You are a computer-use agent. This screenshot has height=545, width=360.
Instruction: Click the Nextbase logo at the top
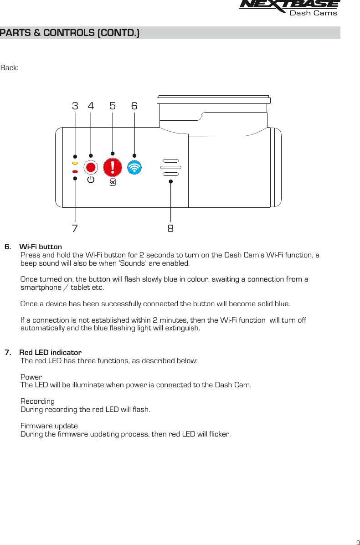coord(289,8)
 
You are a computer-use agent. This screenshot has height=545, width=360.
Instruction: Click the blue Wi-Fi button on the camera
coord(134,168)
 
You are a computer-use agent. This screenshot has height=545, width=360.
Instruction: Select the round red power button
coord(91,167)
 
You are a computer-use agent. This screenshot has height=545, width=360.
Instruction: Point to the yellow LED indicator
coord(75,163)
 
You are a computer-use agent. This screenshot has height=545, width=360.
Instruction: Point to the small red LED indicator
coord(75,172)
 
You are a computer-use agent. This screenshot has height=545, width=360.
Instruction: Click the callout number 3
coord(75,106)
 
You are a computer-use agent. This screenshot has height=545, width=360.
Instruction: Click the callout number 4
coord(91,106)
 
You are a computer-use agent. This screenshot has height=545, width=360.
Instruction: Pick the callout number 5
coord(113,106)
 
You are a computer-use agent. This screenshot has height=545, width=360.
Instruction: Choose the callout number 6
coord(134,106)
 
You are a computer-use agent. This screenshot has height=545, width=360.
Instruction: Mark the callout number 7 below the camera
coord(75,228)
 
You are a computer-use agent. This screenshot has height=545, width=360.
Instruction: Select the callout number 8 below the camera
coord(170,228)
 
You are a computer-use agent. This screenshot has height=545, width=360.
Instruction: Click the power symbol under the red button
coord(91,180)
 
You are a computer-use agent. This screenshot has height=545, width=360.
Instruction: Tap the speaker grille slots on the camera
coord(170,168)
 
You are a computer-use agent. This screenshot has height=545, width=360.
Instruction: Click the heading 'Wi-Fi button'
coord(41,247)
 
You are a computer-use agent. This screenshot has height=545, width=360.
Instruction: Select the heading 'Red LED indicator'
coord(50,353)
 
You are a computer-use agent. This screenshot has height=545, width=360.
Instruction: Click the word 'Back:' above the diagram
coord(10,68)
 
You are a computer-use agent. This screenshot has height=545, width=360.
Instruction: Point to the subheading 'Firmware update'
coord(49,426)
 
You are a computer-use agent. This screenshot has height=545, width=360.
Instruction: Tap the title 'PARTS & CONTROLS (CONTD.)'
coord(70,33)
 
